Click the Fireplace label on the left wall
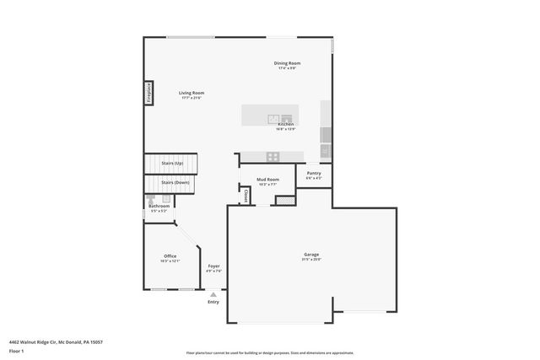click(x=148, y=92)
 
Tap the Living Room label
click(x=191, y=93)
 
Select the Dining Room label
click(x=287, y=63)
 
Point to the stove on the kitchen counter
click(x=273, y=156)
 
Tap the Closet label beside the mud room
click(x=246, y=195)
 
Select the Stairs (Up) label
click(x=173, y=163)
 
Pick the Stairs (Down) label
click(x=175, y=182)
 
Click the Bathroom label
click(x=159, y=206)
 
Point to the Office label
click(x=170, y=256)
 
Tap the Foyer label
click(x=214, y=266)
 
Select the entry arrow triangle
click(x=213, y=293)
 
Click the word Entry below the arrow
click(x=213, y=301)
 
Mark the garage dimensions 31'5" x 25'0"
click(x=311, y=260)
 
